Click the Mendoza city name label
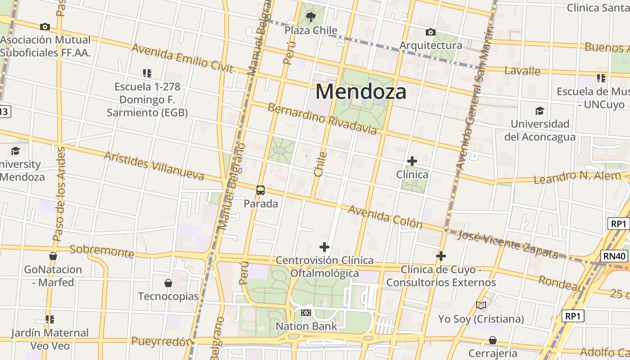pyautogui.click(x=361, y=91)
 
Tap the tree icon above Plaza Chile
pyautogui.click(x=310, y=18)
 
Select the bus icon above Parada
pyautogui.click(x=261, y=190)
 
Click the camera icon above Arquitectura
pyautogui.click(x=431, y=32)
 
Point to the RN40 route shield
pyautogui.click(x=615, y=256)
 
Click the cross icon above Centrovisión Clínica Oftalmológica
pyautogui.click(x=324, y=247)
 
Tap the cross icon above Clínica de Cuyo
pyautogui.click(x=441, y=256)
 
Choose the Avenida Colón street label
pyautogui.click(x=385, y=217)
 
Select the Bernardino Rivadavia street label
pyautogui.click(x=322, y=118)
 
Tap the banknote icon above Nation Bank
pyautogui.click(x=306, y=313)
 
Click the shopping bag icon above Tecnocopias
pyautogui.click(x=168, y=283)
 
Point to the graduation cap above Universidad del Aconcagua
pyautogui.click(x=540, y=111)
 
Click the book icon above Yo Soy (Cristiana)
pyautogui.click(x=481, y=306)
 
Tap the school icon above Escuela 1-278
pyautogui.click(x=147, y=73)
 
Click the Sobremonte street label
pyautogui.click(x=102, y=252)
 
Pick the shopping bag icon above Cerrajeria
pyautogui.click(x=493, y=340)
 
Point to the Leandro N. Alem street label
pyautogui.click(x=577, y=177)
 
